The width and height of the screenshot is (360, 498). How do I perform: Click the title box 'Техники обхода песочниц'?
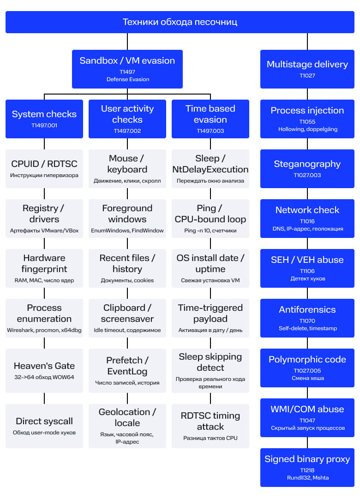[x=180, y=22]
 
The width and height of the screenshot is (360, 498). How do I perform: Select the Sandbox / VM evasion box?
[x=127, y=69]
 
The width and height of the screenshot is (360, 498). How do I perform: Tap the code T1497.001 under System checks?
[x=44, y=125]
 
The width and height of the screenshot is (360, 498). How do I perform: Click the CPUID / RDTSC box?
[x=44, y=169]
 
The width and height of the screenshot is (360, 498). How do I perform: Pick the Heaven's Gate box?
[x=44, y=371]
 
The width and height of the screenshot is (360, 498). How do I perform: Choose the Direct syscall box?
[x=44, y=426]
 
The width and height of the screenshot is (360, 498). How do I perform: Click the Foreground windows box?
[x=127, y=219]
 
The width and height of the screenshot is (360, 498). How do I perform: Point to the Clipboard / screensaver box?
[x=127, y=318]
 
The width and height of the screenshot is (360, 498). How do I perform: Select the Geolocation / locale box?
[x=127, y=426]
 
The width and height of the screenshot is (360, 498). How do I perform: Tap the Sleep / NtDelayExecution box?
[x=210, y=169]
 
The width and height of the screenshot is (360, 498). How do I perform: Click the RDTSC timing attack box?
[x=210, y=426]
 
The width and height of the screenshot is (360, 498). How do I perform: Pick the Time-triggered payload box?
[x=210, y=318]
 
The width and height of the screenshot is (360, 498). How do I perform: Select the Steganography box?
[x=307, y=169]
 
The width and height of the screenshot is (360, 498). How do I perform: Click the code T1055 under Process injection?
[x=307, y=122]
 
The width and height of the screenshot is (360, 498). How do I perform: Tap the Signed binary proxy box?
[x=307, y=468]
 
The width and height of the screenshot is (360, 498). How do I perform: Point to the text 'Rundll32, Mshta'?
[x=308, y=478]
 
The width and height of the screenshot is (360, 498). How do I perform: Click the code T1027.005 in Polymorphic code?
[x=307, y=371]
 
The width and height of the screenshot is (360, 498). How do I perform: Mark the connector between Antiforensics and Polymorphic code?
[x=307, y=343]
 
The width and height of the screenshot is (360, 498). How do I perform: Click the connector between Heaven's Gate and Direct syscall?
[x=44, y=398]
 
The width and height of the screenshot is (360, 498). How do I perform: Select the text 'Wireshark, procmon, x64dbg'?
[x=44, y=330]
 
